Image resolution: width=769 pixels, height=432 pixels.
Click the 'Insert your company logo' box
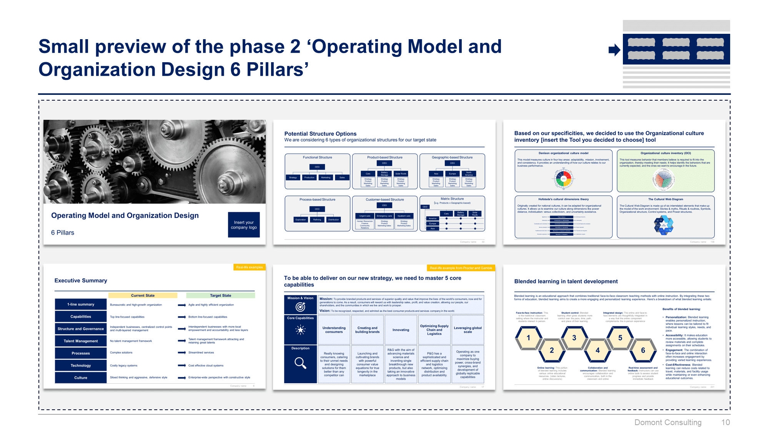click(x=244, y=225)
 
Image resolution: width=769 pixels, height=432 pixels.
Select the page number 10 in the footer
click(x=725, y=422)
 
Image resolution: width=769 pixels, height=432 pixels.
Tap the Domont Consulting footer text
click(x=667, y=422)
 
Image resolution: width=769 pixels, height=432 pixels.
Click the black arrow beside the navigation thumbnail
click(x=614, y=50)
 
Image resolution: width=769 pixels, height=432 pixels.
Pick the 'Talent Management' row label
click(x=81, y=341)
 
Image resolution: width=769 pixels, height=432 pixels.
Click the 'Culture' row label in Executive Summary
click(x=81, y=378)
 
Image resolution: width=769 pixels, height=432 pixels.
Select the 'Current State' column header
click(x=143, y=296)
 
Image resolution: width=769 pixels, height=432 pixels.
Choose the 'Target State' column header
click(x=220, y=296)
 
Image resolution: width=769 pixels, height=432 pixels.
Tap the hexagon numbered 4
click(x=597, y=350)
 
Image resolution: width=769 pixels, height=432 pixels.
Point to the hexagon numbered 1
click(x=528, y=338)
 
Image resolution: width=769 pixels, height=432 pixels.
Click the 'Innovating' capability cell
click(x=401, y=330)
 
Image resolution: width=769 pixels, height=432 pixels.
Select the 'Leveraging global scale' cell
click(x=468, y=330)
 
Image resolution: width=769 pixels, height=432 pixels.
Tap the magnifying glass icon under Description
click(x=300, y=363)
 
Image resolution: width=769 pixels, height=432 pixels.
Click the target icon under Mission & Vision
click(x=300, y=307)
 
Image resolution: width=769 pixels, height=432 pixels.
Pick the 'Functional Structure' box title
click(x=317, y=157)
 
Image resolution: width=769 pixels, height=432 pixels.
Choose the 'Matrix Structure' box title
click(x=452, y=199)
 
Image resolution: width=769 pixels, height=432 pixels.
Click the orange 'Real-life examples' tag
click(x=249, y=267)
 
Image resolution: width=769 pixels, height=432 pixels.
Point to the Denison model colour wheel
click(x=564, y=179)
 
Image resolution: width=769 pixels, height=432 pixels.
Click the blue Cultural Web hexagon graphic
click(x=664, y=225)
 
